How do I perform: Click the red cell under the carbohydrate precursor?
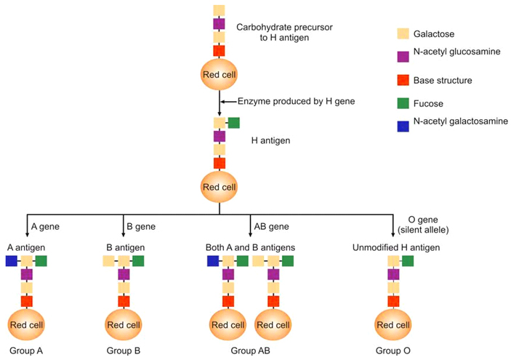coord(219,74)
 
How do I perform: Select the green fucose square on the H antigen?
coord(234,123)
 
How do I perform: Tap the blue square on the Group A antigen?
coord(12,260)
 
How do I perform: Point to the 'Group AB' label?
coord(250,351)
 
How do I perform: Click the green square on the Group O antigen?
coord(408,260)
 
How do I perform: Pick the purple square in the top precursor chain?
coord(219,24)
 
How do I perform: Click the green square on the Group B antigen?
coord(137,260)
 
